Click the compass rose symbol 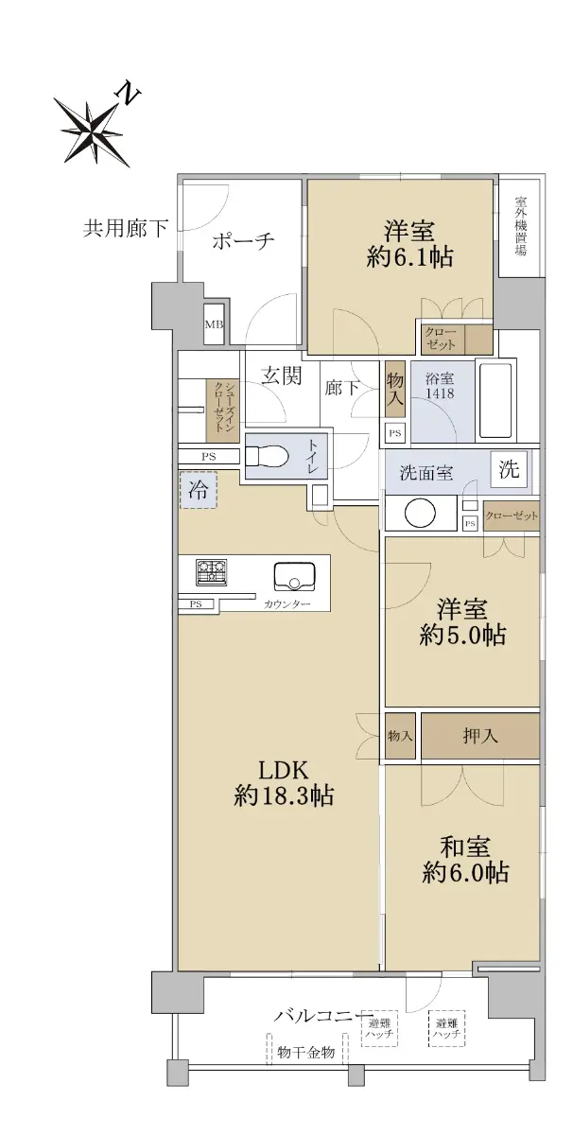[x=93, y=131]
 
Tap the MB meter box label [x=214, y=324]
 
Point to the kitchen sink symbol [x=295, y=577]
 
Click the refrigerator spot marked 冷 [x=198, y=490]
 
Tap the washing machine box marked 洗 [x=509, y=469]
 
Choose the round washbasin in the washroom [x=420, y=514]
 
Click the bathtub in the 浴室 [x=496, y=402]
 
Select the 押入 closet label [x=479, y=736]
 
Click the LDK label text [x=283, y=771]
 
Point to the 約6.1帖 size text [x=409, y=257]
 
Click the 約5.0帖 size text [x=462, y=635]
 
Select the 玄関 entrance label [x=282, y=376]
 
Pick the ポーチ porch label [x=243, y=240]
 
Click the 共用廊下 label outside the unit [x=125, y=229]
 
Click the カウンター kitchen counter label [x=286, y=604]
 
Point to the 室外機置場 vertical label [x=520, y=225]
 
